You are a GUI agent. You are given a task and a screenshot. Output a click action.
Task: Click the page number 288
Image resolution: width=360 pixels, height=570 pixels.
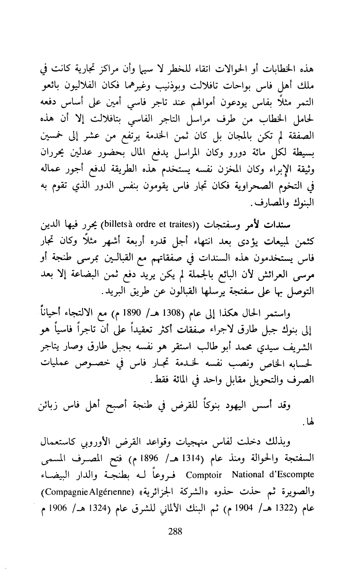coord(175,531)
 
